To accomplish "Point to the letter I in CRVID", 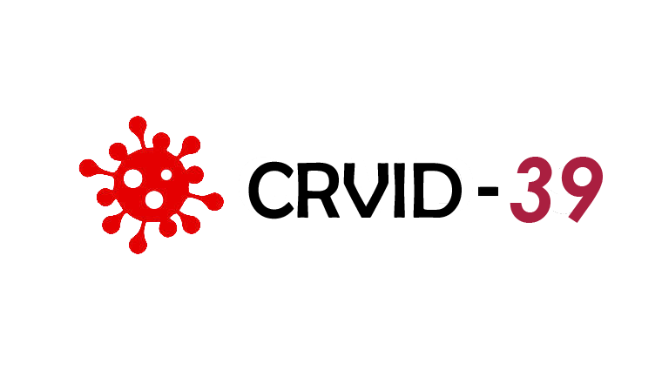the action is coord(400,191).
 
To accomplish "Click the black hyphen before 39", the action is coord(488,192).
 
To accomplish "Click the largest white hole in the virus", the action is coord(132,178).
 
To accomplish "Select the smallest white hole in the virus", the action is coord(166,175).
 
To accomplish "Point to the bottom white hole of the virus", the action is coord(154,199).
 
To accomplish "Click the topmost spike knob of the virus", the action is coord(138,124).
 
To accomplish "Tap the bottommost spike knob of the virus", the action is coord(138,245).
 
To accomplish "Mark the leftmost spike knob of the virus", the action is coord(88,168).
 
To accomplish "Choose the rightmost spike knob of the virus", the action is coord(214,202).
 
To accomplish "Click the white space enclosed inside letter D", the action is coord(436,191).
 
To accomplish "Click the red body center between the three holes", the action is coord(149,185).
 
